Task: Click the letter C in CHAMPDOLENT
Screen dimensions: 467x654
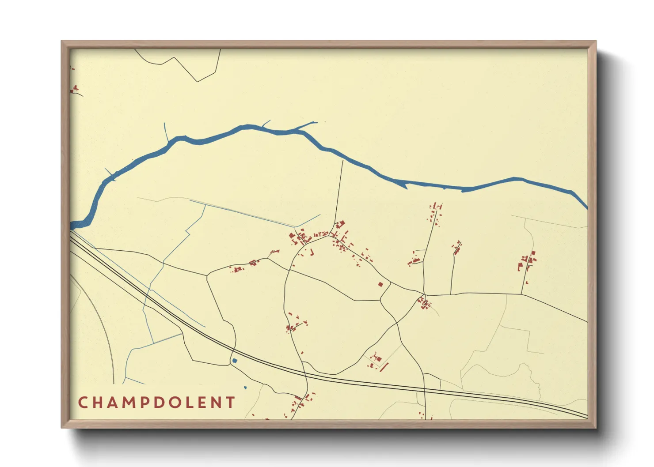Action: coord(83,403)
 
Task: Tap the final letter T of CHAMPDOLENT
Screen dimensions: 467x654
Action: coord(230,403)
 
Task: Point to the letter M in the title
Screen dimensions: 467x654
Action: coord(129,403)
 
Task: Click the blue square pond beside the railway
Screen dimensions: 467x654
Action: coord(234,361)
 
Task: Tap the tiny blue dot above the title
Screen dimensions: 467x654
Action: coord(245,388)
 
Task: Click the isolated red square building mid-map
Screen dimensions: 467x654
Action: coord(380,285)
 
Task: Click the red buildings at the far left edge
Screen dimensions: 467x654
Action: coord(75,89)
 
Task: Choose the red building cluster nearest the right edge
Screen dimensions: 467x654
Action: coord(527,262)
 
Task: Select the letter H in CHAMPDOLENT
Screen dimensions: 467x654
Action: coord(98,403)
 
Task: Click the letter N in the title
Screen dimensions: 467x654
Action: coord(215,403)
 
